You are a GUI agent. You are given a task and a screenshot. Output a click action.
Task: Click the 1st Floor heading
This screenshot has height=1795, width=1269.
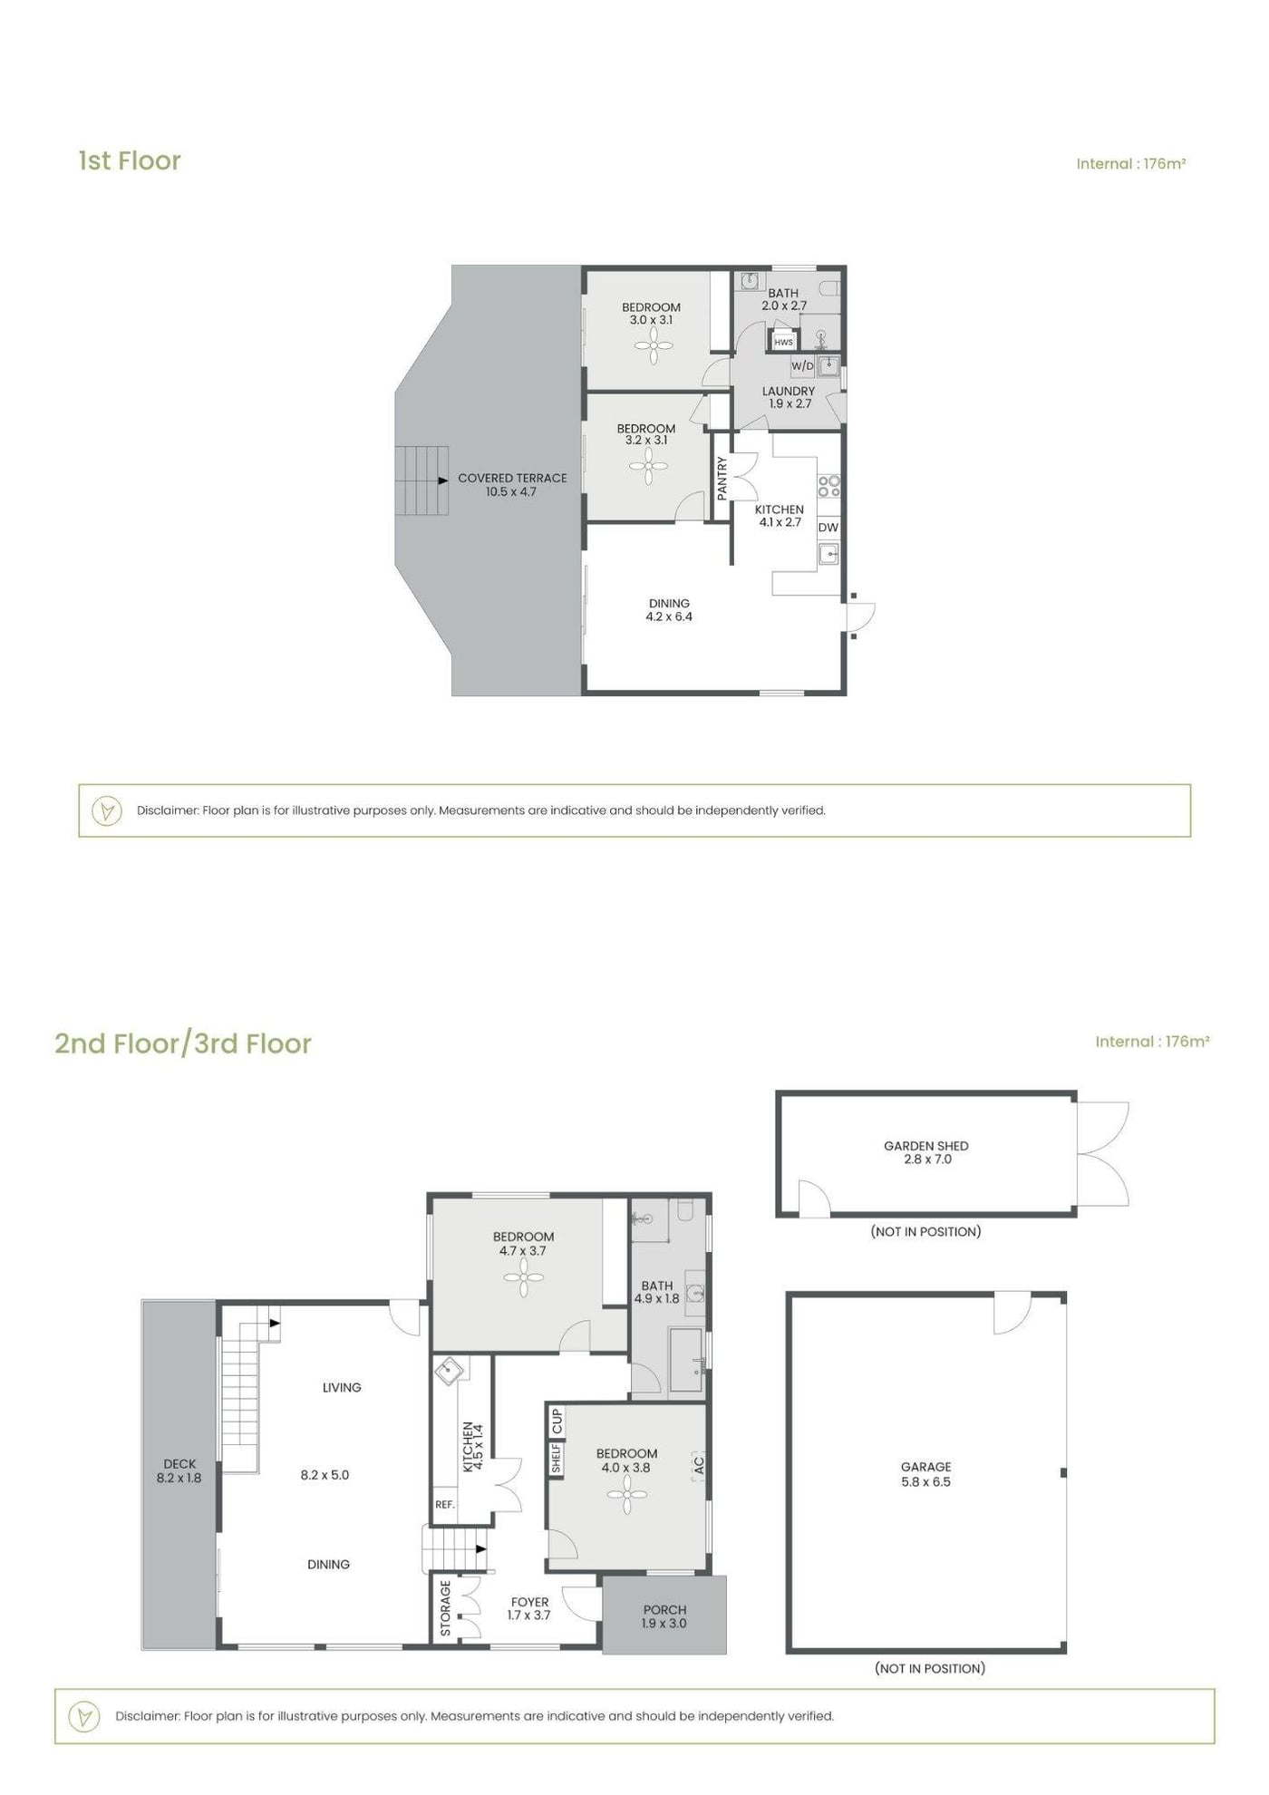pos(130,160)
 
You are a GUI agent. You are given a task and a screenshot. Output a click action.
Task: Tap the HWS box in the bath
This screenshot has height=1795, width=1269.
pos(783,342)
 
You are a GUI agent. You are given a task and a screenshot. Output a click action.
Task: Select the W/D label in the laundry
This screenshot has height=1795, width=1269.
pos(802,366)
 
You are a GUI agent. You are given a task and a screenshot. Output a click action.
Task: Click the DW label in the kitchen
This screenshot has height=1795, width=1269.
pos(828,528)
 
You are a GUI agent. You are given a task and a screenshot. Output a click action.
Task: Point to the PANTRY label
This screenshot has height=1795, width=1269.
pos(722,478)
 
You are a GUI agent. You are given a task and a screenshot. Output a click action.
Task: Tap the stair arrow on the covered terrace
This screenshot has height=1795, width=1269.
pos(442,480)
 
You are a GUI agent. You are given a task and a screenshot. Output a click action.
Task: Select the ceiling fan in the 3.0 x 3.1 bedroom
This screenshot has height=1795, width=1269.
pos(654,344)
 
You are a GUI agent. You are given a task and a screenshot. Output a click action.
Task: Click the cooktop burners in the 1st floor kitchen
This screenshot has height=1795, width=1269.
pos(828,486)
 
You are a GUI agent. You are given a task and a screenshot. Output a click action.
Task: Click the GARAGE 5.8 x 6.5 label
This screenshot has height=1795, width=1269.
pos(925,1474)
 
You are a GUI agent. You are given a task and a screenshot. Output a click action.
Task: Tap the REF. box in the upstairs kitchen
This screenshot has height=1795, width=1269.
pos(445,1504)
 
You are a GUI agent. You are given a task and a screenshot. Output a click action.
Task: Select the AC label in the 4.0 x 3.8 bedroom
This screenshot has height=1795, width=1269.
pos(698,1463)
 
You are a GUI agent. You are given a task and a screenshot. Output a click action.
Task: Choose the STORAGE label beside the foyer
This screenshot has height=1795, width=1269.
pos(445,1608)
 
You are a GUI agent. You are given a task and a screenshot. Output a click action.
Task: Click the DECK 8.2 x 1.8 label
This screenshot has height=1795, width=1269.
pos(179,1470)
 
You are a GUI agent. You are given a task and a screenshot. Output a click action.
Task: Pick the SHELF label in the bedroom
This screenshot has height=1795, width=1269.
pos(557,1459)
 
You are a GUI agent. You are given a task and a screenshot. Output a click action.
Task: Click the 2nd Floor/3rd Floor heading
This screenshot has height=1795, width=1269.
pos(183,1043)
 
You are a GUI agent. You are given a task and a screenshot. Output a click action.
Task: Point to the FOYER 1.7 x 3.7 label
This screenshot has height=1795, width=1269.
pos(529,1608)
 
